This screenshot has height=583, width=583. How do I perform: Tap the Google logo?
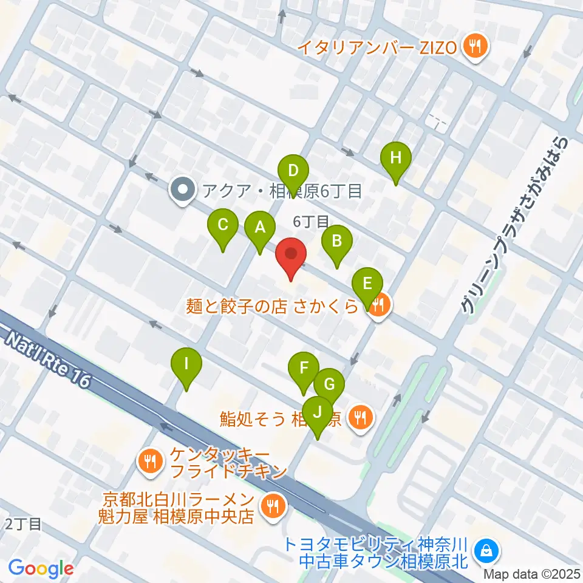point(41,569)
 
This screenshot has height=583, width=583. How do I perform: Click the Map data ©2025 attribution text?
point(531,573)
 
